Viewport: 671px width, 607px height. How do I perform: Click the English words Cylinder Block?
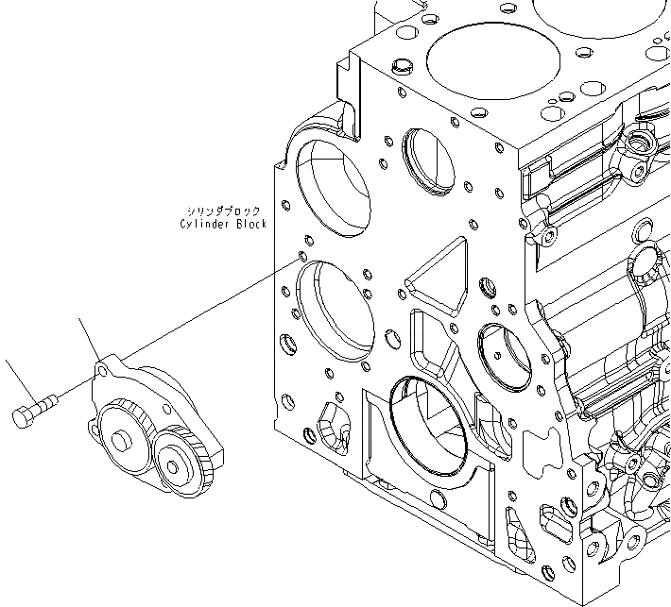coord(223,225)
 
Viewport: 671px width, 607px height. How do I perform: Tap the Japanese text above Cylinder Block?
coord(223,211)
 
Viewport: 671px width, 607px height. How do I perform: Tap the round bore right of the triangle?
coord(508,355)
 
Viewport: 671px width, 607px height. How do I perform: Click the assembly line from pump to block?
coord(208,312)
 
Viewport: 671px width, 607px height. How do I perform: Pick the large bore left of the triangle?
coord(335,312)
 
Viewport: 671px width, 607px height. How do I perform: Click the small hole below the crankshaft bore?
coord(437,499)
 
